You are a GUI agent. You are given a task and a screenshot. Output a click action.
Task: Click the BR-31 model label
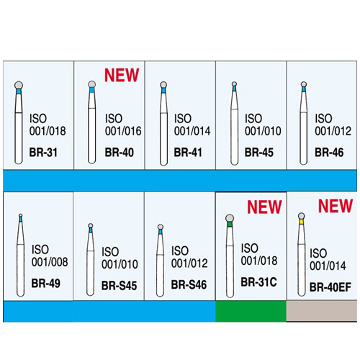coord(43,153)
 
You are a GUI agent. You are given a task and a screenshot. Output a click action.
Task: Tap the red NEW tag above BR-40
coord(122,75)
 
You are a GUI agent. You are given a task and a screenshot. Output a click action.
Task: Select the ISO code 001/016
coord(123,131)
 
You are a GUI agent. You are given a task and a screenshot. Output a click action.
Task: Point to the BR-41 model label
coord(188,153)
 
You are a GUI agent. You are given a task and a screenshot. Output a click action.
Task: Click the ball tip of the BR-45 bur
coord(234,84)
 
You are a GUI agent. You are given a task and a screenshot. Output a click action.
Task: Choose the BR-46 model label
coord(329,153)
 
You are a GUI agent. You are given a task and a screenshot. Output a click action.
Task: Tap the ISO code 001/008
coord(50,262)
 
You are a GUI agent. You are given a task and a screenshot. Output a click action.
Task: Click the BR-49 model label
coord(46,284)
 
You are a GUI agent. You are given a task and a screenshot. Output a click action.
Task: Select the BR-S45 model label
coord(119,286)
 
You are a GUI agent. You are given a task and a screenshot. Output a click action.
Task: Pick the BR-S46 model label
coord(189,285)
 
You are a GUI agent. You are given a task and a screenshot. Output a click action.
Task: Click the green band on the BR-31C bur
coord(230,225)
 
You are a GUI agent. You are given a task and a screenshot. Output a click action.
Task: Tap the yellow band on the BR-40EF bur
coord(302,222)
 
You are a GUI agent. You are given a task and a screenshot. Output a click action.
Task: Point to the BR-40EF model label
coord(330,287)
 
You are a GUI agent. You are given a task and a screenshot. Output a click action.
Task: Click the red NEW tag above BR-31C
coord(264,207)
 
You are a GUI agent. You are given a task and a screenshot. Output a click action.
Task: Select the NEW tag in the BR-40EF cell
coord(336,206)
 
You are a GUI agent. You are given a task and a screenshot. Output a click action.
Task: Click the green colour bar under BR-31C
coord(251,311)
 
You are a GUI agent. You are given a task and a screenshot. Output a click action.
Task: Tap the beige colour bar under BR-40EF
coord(322,311)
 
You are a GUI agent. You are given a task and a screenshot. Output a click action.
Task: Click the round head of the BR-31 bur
coord(19,85)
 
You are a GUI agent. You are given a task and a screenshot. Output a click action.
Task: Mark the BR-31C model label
coord(258,282)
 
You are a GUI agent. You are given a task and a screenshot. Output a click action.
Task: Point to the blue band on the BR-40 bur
coord(91,90)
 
